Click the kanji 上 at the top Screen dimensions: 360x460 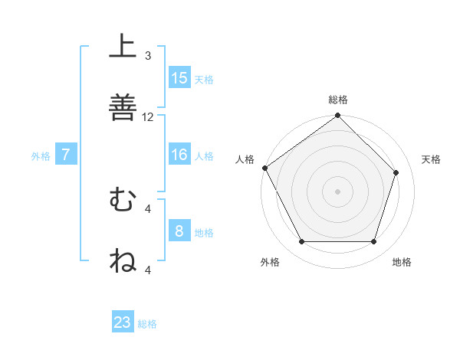(123, 47)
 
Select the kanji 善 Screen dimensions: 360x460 (123, 106)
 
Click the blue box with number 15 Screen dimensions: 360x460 (179, 78)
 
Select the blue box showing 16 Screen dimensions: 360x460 (179, 155)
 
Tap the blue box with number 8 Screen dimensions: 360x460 (179, 231)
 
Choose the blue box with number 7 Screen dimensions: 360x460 (66, 155)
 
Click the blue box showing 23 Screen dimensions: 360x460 (123, 322)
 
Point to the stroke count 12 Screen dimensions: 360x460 (148, 117)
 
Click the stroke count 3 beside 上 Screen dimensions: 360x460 (148, 56)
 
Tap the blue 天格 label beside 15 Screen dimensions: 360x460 (203, 79)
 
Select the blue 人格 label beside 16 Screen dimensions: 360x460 (203, 155)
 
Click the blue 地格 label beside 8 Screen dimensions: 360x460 (203, 232)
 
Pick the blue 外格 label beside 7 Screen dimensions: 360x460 (41, 156)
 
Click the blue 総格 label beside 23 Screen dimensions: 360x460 (147, 323)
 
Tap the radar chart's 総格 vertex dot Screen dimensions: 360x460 (337, 116)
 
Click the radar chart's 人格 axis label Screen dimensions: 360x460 (245, 159)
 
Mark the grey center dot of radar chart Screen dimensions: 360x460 (337, 191)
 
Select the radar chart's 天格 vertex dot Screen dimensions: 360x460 (396, 173)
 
